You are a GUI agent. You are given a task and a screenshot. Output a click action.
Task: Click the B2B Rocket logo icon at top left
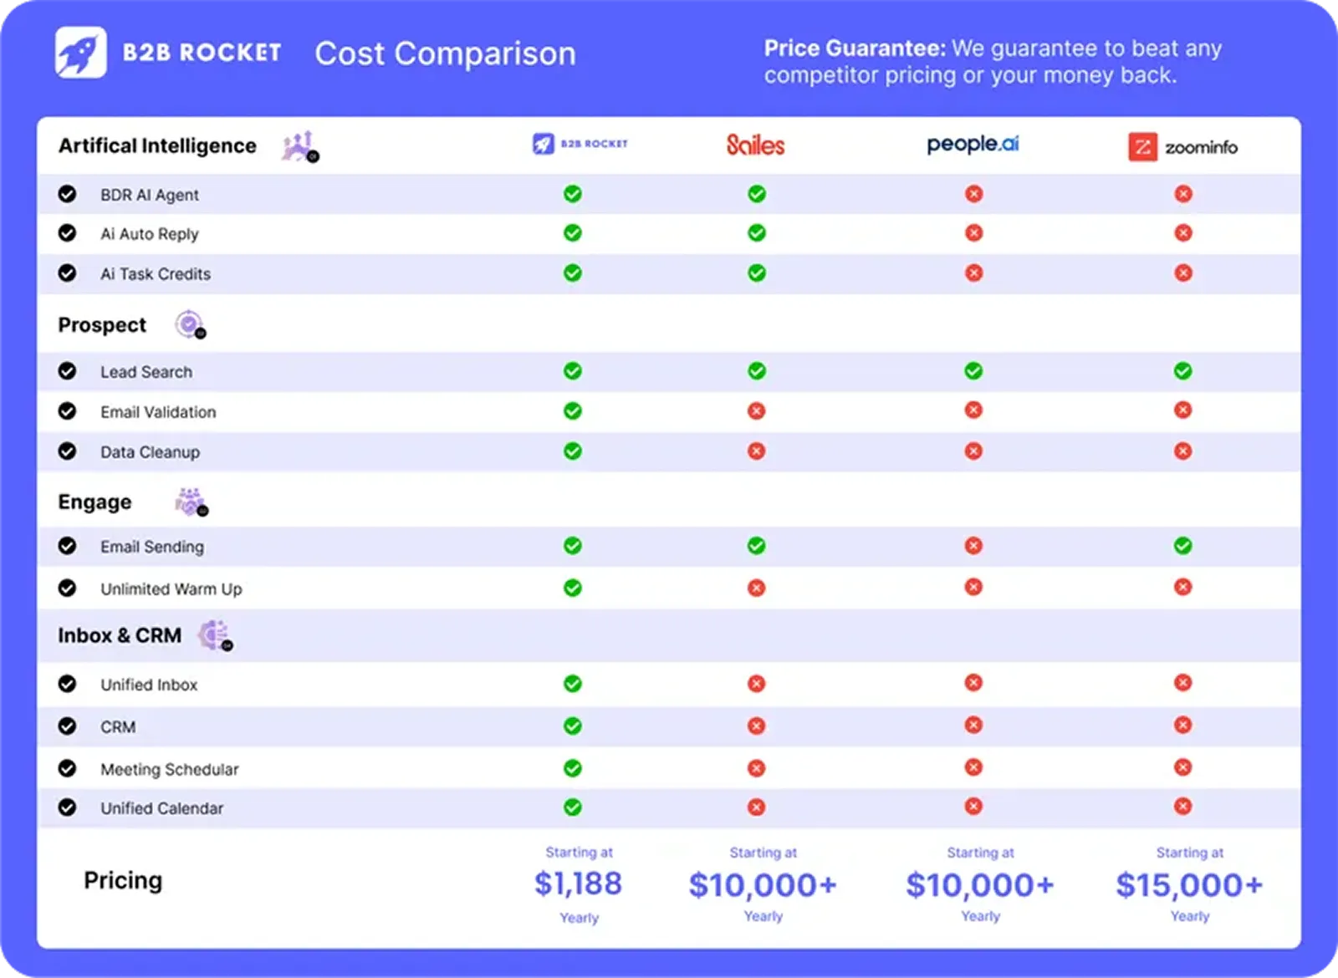[81, 52]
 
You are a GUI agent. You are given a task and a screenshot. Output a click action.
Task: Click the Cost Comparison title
[445, 53]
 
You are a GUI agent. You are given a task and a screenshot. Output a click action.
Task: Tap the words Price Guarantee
[854, 48]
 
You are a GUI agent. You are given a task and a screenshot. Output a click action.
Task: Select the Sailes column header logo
[755, 145]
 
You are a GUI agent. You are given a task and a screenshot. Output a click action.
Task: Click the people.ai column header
[973, 145]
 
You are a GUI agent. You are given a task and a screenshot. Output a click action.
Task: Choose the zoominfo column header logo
[1182, 147]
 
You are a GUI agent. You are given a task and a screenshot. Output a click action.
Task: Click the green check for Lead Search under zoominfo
[1182, 370]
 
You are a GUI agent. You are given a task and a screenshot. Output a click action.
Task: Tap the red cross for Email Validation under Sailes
[756, 410]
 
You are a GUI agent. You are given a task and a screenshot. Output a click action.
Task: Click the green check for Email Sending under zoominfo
[1182, 546]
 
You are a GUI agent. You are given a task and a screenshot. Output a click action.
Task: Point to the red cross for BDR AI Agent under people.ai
[973, 194]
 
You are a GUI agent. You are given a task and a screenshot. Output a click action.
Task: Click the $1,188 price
[578, 884]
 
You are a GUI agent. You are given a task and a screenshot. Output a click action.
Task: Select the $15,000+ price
[1188, 885]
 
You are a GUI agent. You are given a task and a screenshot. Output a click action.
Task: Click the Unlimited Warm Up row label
[171, 588]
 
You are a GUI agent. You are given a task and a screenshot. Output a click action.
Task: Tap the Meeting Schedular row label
[169, 769]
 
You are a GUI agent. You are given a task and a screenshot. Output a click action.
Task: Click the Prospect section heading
[102, 325]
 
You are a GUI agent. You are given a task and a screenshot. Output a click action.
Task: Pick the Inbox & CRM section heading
[120, 635]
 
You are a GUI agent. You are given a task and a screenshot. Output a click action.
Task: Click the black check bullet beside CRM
[67, 726]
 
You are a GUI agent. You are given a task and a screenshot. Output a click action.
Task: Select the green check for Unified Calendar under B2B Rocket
[572, 807]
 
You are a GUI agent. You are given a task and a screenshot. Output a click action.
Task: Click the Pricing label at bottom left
[123, 880]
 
